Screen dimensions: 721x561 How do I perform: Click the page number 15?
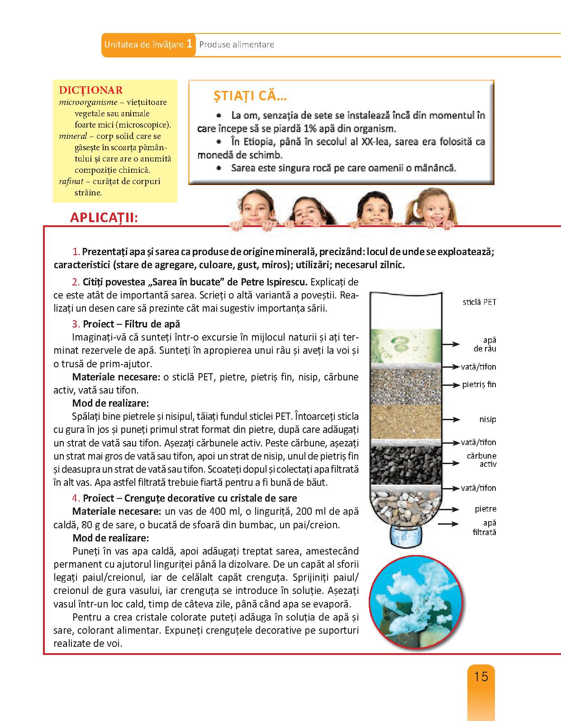point(481,677)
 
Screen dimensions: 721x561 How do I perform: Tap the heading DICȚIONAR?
point(91,90)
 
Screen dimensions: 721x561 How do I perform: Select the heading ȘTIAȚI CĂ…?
point(250,96)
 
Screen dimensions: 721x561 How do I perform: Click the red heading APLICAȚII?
point(104,218)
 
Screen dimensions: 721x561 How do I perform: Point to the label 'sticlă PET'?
point(479,302)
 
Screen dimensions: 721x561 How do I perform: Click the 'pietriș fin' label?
point(479,384)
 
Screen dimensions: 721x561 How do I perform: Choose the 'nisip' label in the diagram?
point(487,419)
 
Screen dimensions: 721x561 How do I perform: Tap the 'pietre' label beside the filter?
point(485,509)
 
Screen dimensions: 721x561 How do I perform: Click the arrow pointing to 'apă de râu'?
point(451,344)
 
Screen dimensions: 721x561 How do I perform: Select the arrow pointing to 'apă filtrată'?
point(451,523)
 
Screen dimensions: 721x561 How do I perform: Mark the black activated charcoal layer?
point(405,465)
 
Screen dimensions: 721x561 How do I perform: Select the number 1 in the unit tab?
point(190,44)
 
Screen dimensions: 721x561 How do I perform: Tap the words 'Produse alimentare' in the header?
point(237,44)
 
